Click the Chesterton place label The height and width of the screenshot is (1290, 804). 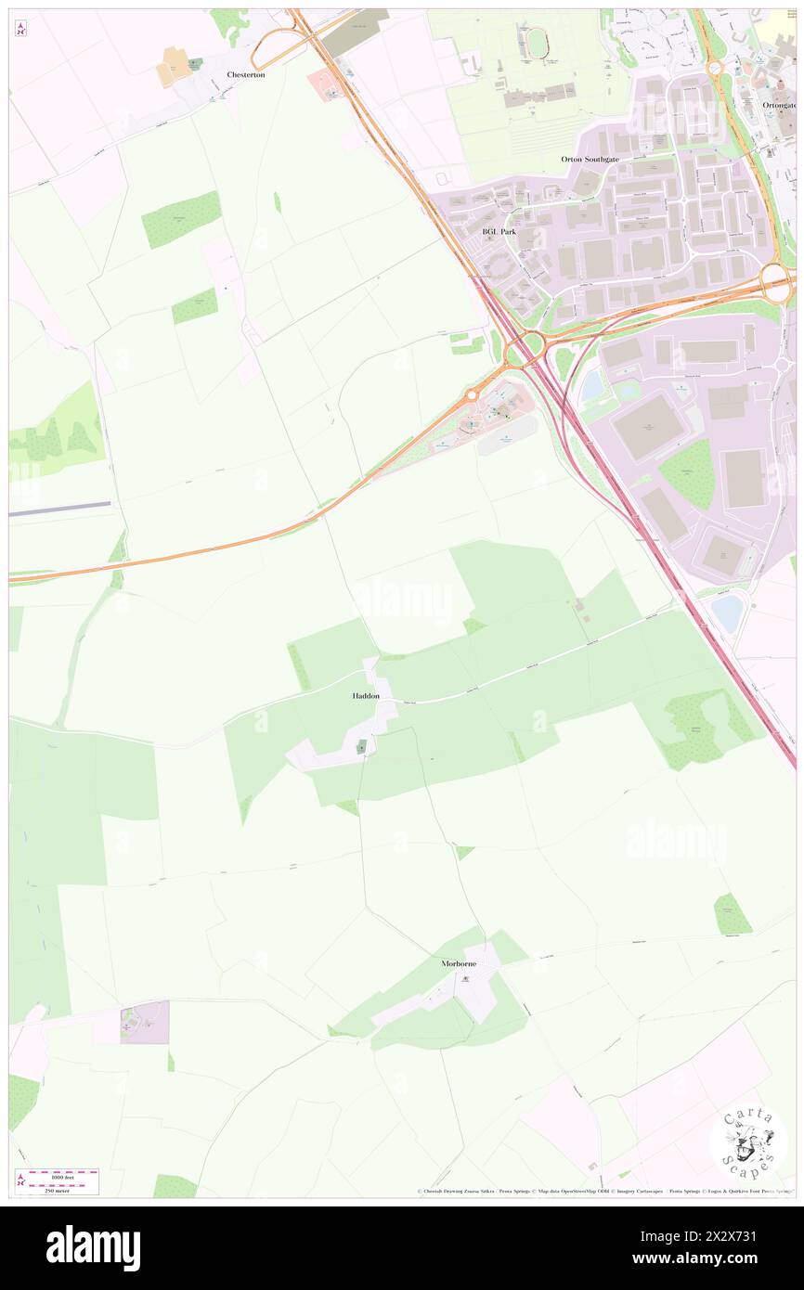tap(246, 74)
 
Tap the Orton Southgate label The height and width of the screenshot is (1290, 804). tap(589, 159)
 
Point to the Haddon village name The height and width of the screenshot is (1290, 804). tap(366, 695)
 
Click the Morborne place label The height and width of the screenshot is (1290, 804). tap(459, 963)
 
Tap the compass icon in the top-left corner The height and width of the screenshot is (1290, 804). tap(21, 29)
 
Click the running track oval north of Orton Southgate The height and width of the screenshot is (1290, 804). tap(538, 40)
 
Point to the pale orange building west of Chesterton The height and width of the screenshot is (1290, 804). tap(173, 67)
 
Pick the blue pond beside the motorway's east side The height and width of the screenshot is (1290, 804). tap(727, 613)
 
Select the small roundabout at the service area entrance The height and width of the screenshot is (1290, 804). tap(471, 395)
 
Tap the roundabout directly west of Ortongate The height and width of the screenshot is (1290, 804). tap(715, 68)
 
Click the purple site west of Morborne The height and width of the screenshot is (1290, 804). tap(145, 1022)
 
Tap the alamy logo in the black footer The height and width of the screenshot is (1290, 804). tap(93, 1247)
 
